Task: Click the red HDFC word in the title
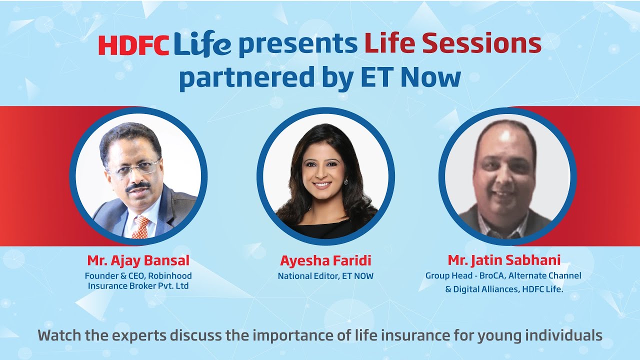coord(134,45)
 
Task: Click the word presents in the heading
coord(297,46)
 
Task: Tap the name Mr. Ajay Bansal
coord(138,260)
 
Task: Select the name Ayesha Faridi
coord(325,261)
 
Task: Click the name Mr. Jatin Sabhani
coord(504,260)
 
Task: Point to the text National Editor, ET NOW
coord(325,276)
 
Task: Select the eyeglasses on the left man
coord(132,168)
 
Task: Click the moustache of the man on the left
coord(138,186)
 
